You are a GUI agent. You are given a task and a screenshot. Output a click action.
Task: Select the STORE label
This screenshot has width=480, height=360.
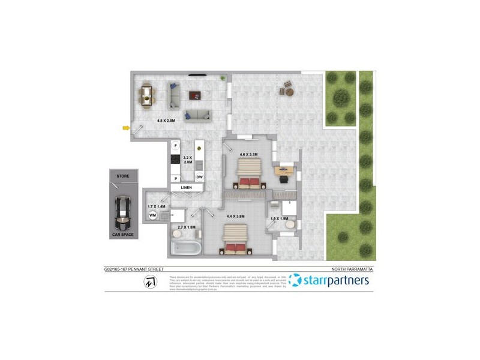click(x=123, y=176)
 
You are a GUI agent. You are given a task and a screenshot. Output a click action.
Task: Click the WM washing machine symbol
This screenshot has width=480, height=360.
click(x=152, y=215)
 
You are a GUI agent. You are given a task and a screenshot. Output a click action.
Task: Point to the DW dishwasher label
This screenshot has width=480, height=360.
click(x=199, y=176)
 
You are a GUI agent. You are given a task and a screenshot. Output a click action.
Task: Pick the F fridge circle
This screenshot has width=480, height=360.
click(x=175, y=146)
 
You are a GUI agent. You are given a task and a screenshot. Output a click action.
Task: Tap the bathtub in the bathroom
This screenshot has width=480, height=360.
click(x=185, y=248)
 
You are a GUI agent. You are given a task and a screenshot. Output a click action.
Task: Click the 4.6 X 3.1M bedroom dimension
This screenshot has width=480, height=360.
click(x=248, y=155)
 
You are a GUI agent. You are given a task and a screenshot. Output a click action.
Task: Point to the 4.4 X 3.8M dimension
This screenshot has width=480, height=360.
click(x=236, y=215)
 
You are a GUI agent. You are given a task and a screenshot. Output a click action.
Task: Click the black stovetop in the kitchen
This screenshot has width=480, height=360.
click(x=176, y=160)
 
